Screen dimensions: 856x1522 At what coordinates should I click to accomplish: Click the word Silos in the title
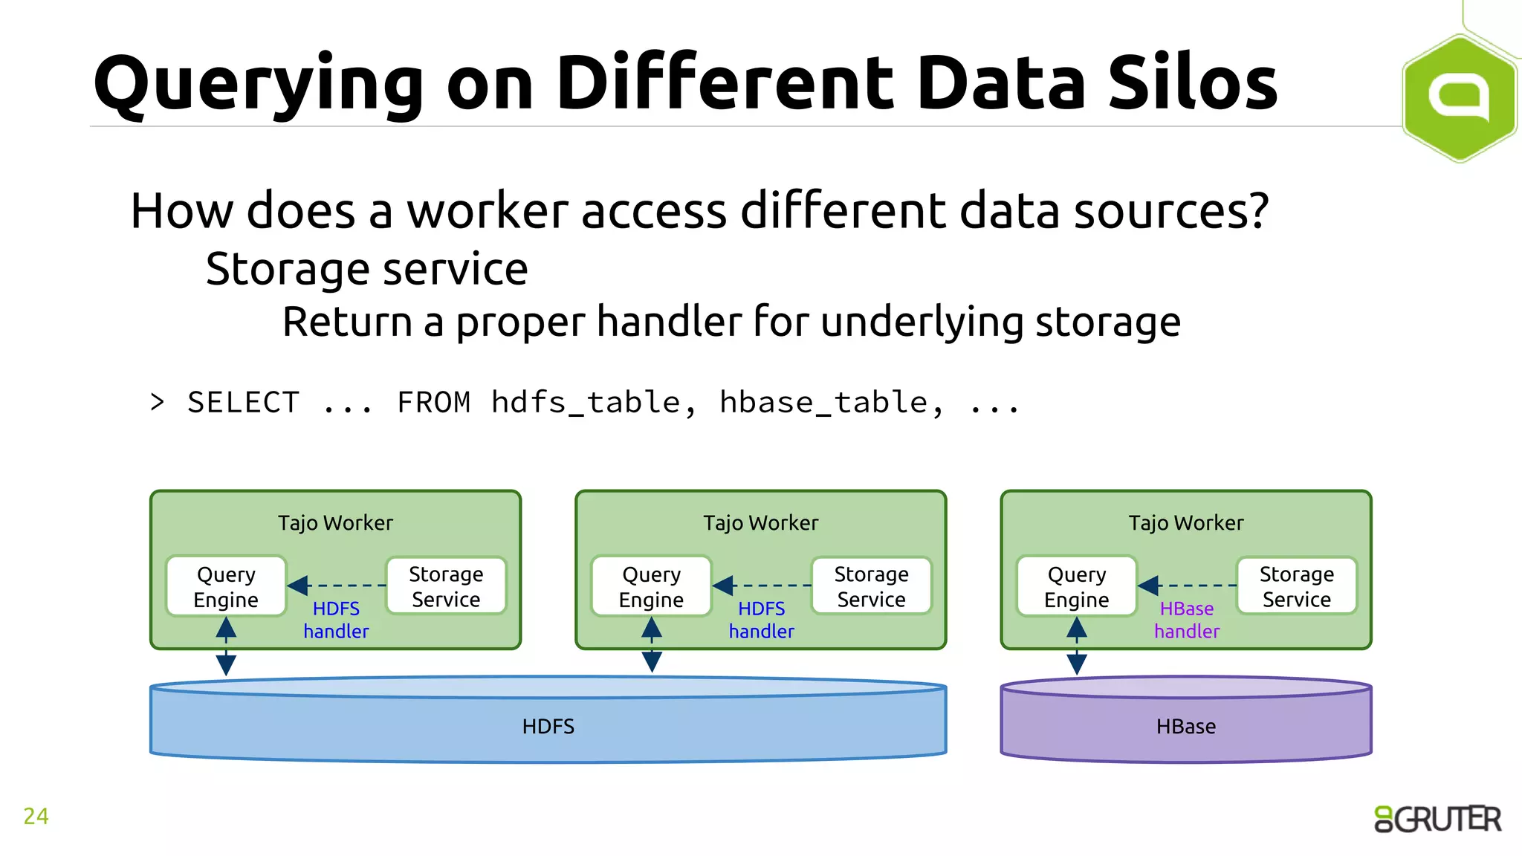click(1192, 83)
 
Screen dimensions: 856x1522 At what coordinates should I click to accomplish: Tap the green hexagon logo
click(1459, 97)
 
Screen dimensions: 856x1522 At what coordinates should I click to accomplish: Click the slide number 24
click(36, 816)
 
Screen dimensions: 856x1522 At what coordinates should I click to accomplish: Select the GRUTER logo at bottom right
click(1437, 819)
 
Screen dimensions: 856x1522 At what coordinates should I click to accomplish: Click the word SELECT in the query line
click(243, 403)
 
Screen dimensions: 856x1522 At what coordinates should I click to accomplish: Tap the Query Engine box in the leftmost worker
click(226, 586)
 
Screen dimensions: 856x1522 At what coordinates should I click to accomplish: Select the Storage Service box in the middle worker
click(871, 586)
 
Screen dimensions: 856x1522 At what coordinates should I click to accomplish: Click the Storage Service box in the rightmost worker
click(1296, 586)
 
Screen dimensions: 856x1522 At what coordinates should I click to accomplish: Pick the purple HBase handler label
click(1187, 620)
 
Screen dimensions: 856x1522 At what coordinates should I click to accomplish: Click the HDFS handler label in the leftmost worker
click(336, 620)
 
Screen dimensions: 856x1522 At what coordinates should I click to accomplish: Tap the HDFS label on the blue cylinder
click(548, 726)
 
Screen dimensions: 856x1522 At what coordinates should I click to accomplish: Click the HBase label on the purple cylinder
click(1185, 726)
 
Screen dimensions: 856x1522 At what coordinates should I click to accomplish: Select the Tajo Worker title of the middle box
click(760, 523)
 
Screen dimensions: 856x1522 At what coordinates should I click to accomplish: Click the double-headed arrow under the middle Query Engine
click(652, 645)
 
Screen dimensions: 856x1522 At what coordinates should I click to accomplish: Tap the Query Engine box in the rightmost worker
click(1076, 586)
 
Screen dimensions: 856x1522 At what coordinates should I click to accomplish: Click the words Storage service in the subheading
click(366, 269)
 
